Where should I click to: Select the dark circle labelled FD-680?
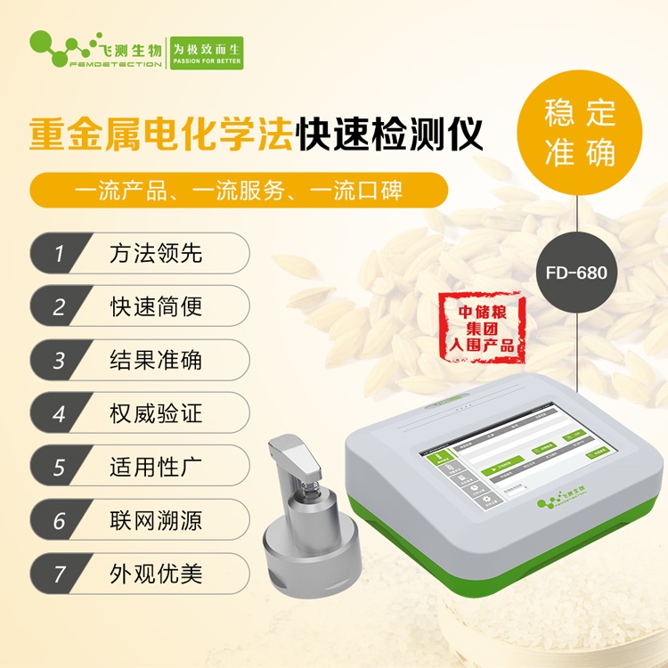tap(579, 273)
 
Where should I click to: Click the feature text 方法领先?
tap(156, 253)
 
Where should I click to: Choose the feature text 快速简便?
tap(156, 306)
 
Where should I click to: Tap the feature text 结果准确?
tap(156, 360)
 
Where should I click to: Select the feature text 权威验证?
tap(156, 413)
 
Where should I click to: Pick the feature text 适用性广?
tap(156, 467)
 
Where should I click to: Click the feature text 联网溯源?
tap(156, 520)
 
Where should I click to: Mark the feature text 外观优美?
tap(156, 574)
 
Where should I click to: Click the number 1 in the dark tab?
tap(59, 253)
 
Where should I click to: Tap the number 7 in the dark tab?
tap(59, 574)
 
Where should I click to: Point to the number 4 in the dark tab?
tap(59, 413)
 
